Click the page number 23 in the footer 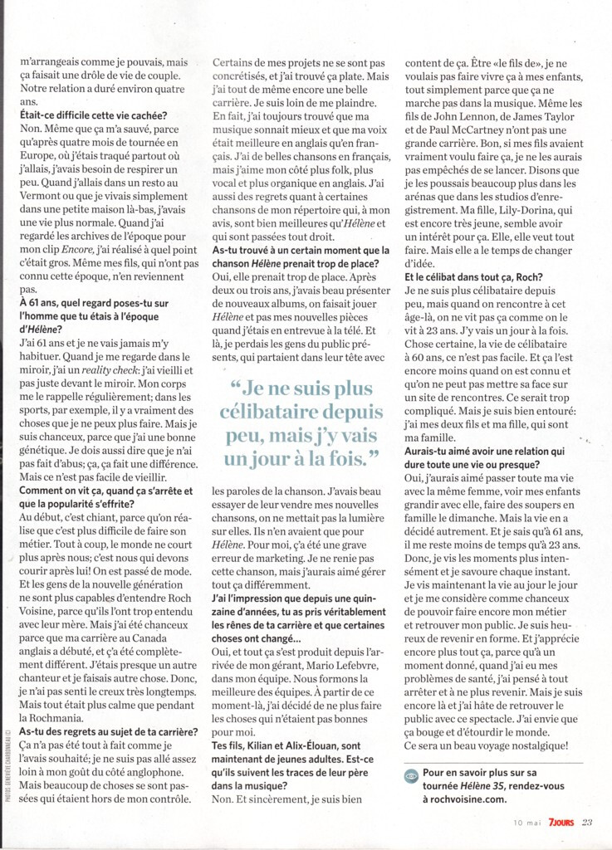coord(587,823)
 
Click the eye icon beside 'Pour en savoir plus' coord(411,773)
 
